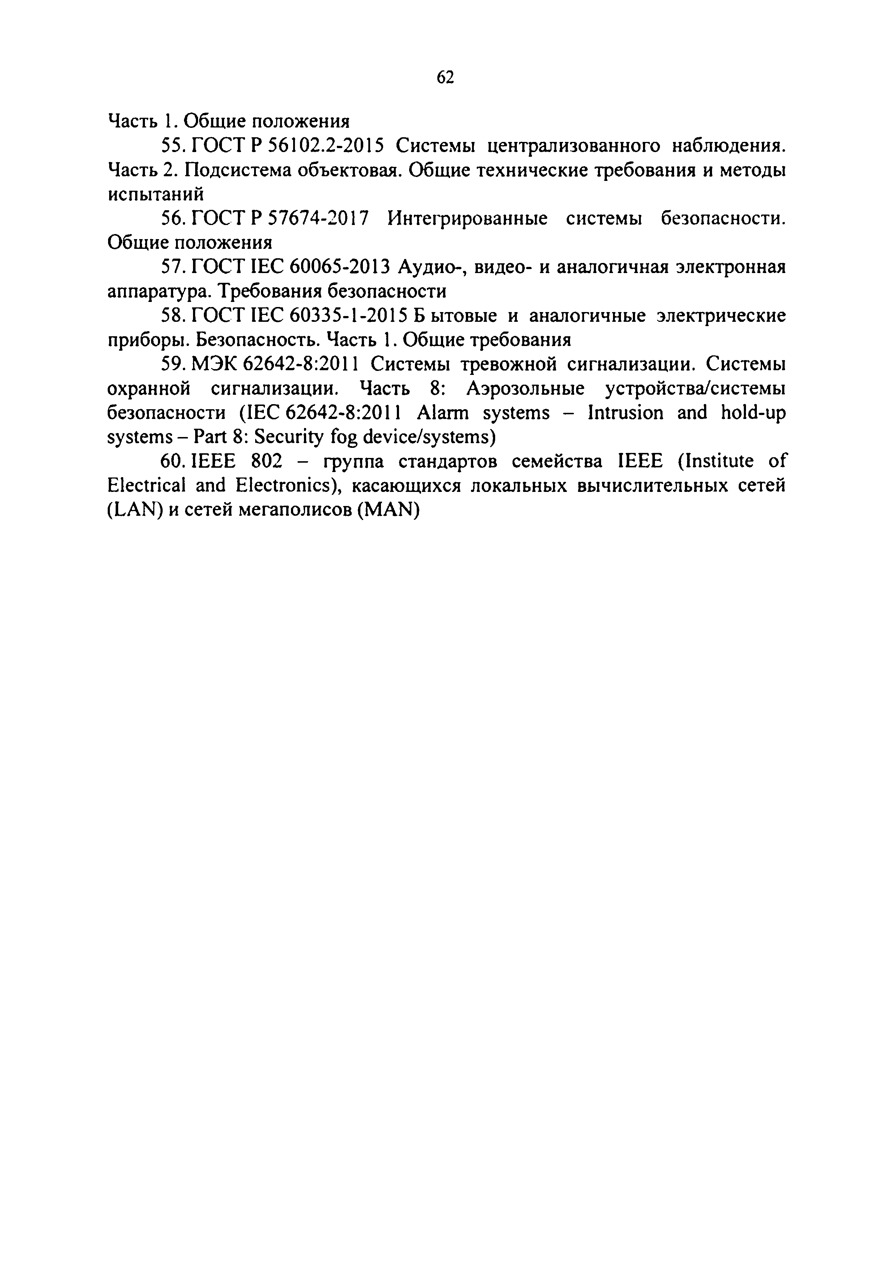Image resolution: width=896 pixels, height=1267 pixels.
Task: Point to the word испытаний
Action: (156, 195)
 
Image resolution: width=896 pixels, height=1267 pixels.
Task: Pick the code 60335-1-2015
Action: (348, 316)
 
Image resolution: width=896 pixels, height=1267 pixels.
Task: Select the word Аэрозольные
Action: (525, 389)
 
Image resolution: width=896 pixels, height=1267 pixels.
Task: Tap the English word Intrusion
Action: (626, 413)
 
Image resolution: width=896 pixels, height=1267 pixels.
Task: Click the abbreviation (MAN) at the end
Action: (388, 510)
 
